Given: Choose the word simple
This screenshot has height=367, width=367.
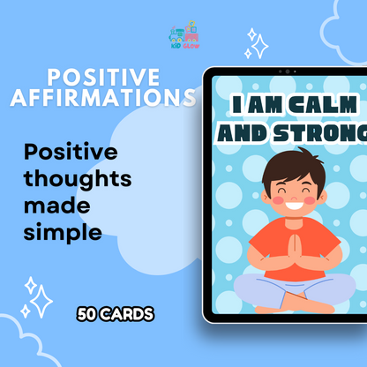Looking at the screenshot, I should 64,232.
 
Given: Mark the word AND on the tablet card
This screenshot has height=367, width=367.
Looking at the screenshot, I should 248,133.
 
